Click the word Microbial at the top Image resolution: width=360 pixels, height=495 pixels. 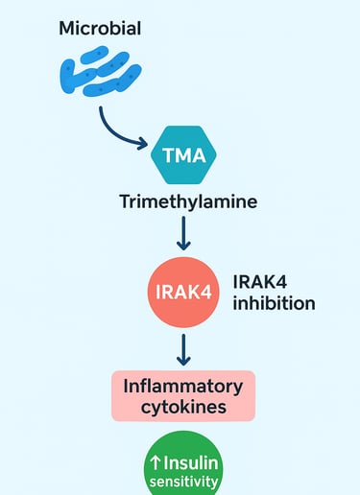click(x=100, y=29)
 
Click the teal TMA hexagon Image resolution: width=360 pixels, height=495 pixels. click(x=185, y=154)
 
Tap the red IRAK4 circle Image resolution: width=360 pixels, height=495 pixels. click(x=182, y=291)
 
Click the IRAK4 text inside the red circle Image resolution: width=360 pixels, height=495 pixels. click(x=182, y=292)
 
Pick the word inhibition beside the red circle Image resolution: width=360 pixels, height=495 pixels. click(x=274, y=304)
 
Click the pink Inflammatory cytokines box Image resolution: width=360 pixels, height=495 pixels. click(x=183, y=396)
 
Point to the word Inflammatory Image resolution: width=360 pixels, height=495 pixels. click(x=183, y=386)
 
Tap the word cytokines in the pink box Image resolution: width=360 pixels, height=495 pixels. click(x=183, y=408)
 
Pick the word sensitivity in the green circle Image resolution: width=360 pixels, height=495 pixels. click(x=183, y=483)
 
